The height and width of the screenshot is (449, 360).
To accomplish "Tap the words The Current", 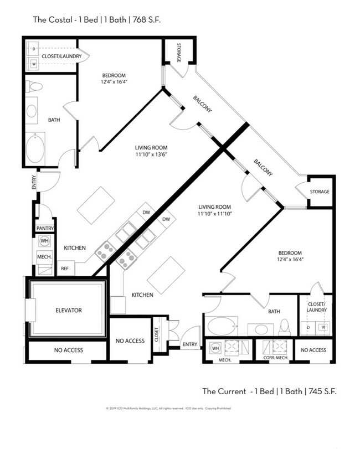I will [x=224, y=391].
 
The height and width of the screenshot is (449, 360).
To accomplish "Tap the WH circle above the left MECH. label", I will [x=44, y=241].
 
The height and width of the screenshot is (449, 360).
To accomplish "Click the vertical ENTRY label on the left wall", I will [x=34, y=182].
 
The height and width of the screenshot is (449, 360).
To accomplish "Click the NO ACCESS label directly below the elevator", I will [x=68, y=350].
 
